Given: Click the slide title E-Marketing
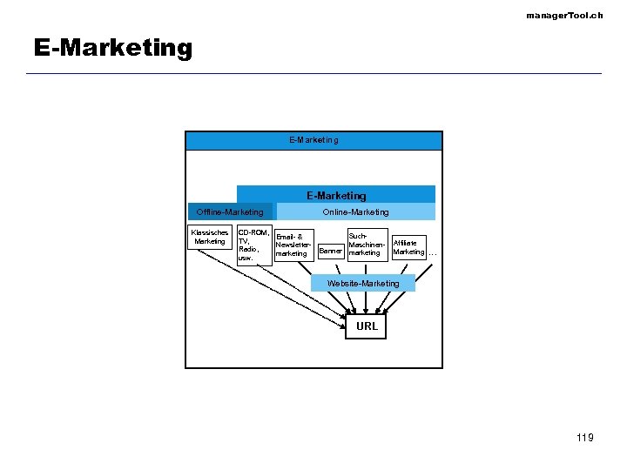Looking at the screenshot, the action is pos(113,48).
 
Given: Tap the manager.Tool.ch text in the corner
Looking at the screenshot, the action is pos(564,16).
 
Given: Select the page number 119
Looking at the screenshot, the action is pos(584,437).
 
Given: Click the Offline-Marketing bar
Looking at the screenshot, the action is pos(230,211).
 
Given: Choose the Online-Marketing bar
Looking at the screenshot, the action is pos(355,211).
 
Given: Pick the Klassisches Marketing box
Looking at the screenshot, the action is pos(210,237).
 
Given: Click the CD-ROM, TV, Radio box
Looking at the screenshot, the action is pos(253,245).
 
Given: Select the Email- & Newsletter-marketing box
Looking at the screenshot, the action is pos(293,245).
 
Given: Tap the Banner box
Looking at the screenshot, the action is pos(330,252).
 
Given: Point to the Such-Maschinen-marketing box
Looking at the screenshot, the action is pos(366,245).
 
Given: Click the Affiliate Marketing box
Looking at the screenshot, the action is pos(408,247).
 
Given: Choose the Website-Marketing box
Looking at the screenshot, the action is pos(362,283).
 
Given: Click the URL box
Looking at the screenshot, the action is pos(367,326).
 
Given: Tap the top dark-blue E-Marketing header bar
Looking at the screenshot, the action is pos(313,140).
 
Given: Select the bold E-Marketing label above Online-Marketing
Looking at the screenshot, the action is pos(336,196).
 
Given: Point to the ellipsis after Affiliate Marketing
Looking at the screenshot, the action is pos(433,253).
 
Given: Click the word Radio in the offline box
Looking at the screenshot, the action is pos(248,249).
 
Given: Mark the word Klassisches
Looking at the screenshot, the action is pos(210,232).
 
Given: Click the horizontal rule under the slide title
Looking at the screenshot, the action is pos(313,73).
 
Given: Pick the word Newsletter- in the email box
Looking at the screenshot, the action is pos(293,245).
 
